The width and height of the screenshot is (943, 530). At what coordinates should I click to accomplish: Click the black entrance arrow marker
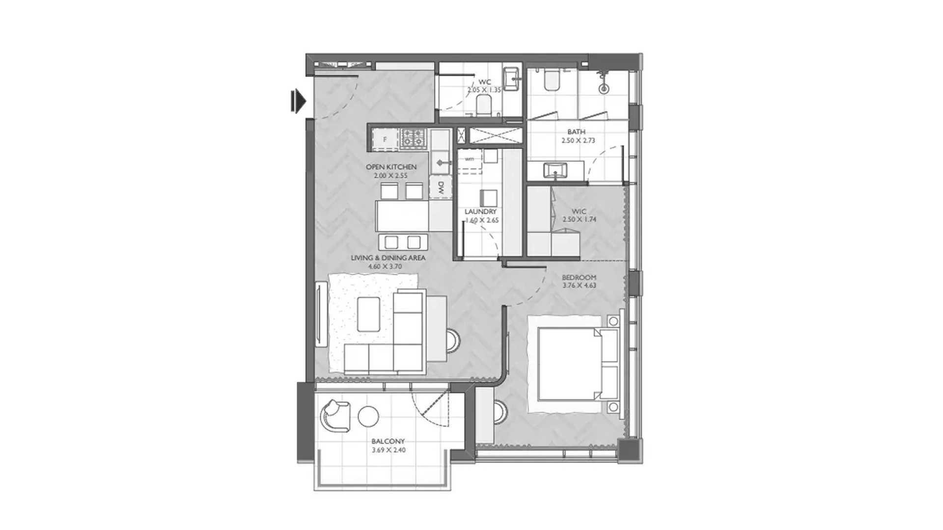(298, 102)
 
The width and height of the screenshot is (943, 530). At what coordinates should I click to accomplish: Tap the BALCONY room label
(388, 441)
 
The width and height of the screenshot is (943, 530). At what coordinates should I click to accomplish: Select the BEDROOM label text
(579, 277)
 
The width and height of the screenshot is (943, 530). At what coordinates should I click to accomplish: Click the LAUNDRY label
(480, 212)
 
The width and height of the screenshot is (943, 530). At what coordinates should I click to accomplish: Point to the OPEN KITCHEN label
(391, 167)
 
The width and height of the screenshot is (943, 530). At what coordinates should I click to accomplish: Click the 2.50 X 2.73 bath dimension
(578, 140)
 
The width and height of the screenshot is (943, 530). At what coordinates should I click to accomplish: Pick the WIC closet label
(579, 212)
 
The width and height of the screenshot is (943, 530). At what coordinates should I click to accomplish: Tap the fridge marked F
(385, 139)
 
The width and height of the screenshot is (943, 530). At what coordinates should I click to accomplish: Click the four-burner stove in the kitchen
(414, 139)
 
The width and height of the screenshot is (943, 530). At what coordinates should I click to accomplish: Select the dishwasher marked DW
(441, 187)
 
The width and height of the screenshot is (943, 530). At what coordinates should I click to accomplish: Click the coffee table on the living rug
(368, 314)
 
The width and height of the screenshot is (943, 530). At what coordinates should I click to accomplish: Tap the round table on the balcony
(368, 417)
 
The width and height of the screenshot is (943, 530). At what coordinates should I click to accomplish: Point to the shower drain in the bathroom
(604, 89)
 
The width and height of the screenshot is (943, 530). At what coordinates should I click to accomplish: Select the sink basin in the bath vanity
(555, 171)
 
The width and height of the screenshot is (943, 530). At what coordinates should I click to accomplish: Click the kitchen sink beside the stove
(441, 162)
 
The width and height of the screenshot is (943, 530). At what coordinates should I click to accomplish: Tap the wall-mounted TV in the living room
(321, 314)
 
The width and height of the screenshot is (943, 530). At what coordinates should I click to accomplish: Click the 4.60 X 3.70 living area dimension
(385, 266)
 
